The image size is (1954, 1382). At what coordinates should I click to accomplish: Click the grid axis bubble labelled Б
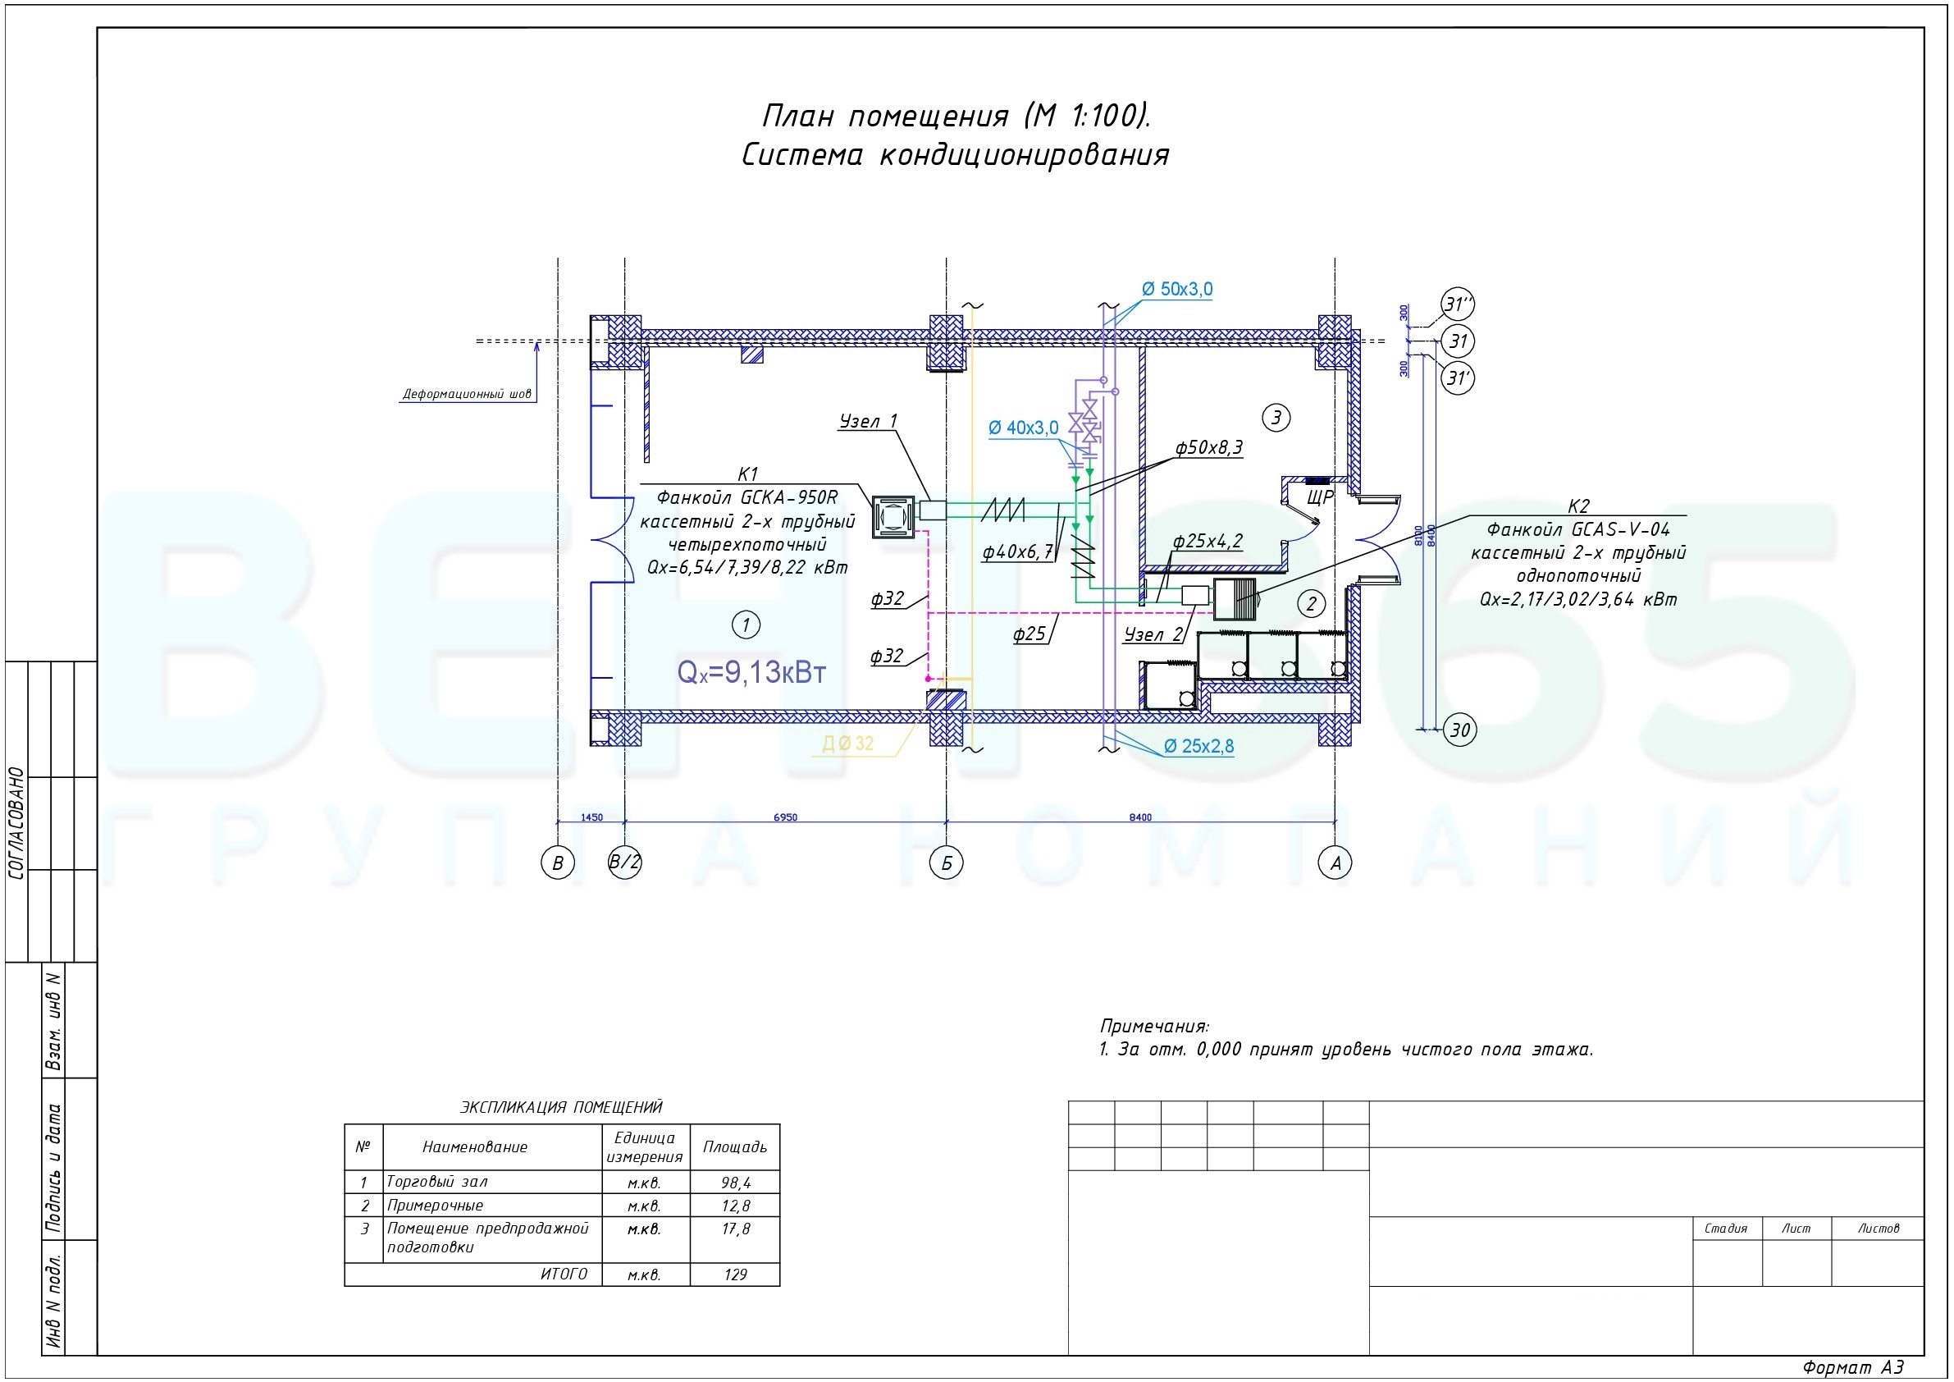tap(947, 863)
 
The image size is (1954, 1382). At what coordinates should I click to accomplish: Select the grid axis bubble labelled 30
tap(1459, 730)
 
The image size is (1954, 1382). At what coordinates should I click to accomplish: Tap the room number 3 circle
tap(1276, 417)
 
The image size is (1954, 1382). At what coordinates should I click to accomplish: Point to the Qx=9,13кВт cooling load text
tap(751, 672)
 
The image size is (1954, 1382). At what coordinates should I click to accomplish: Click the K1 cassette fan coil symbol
tap(893, 517)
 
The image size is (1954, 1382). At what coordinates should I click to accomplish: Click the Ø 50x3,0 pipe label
tap(1177, 290)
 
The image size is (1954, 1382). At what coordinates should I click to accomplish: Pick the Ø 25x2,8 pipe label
tap(1198, 746)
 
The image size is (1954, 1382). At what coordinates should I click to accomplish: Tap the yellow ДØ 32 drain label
tap(847, 744)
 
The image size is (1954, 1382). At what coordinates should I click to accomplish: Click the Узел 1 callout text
tap(868, 421)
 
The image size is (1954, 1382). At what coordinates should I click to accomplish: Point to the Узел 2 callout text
tap(1153, 634)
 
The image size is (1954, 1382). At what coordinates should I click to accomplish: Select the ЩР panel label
tap(1320, 497)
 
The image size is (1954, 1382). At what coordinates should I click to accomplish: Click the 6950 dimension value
tap(786, 817)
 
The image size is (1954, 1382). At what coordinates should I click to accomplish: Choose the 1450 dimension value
tap(591, 817)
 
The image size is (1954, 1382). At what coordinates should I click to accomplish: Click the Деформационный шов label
tap(467, 394)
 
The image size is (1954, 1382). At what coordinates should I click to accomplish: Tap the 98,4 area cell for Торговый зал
tap(736, 1182)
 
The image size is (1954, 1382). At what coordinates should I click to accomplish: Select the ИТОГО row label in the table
tap(564, 1274)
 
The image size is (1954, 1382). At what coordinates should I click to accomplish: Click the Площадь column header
tap(735, 1147)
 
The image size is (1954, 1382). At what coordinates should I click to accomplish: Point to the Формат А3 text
tap(1853, 1367)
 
